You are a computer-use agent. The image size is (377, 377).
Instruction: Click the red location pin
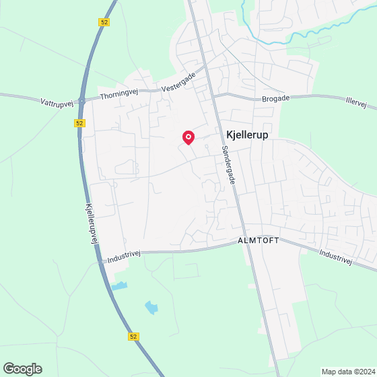(188, 137)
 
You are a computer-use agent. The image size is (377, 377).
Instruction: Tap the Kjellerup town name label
(248, 135)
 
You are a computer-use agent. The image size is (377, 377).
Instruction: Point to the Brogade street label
(275, 98)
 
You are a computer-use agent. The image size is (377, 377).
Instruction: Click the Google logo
(22, 368)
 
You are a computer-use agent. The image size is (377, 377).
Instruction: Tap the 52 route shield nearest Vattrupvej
(79, 123)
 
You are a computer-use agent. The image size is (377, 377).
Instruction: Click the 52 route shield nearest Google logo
(134, 336)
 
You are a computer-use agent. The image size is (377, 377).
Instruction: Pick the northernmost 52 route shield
(104, 22)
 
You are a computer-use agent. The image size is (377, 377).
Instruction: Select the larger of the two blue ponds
(151, 308)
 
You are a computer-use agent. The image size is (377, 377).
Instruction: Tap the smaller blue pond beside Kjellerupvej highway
(119, 286)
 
